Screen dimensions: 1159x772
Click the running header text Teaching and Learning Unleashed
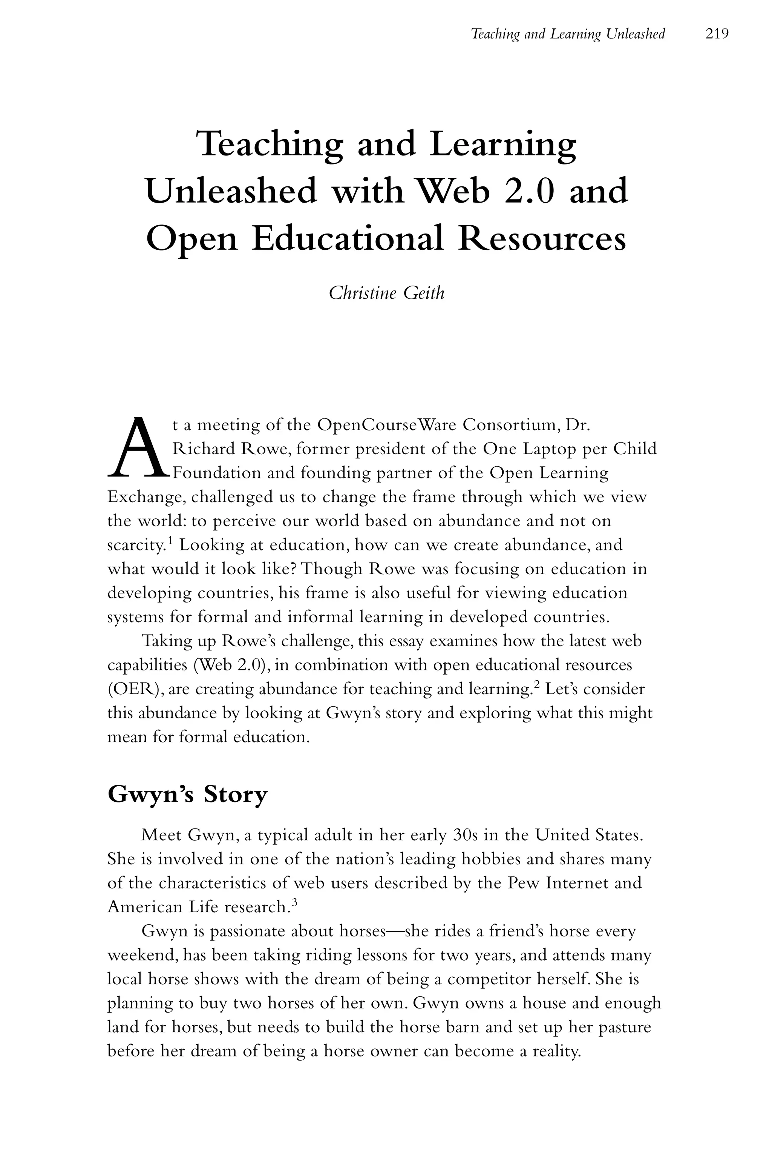click(x=568, y=34)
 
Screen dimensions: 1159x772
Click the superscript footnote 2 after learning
click(x=537, y=685)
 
